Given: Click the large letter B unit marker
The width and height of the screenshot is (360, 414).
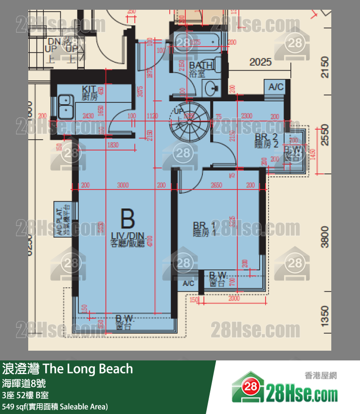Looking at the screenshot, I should point(127,219).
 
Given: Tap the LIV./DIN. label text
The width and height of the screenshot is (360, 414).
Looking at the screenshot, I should point(127,237).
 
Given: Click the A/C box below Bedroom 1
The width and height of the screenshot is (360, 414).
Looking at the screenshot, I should point(188,283).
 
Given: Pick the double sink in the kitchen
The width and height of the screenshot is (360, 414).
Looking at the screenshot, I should point(66,107).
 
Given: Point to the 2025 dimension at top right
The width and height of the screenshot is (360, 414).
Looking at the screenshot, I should point(260,62).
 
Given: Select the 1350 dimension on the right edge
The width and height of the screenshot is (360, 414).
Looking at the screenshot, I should point(325,314).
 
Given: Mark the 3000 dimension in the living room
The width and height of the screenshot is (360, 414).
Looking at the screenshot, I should point(123,185).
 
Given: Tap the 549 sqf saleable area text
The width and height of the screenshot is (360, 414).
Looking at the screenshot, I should point(55,406).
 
